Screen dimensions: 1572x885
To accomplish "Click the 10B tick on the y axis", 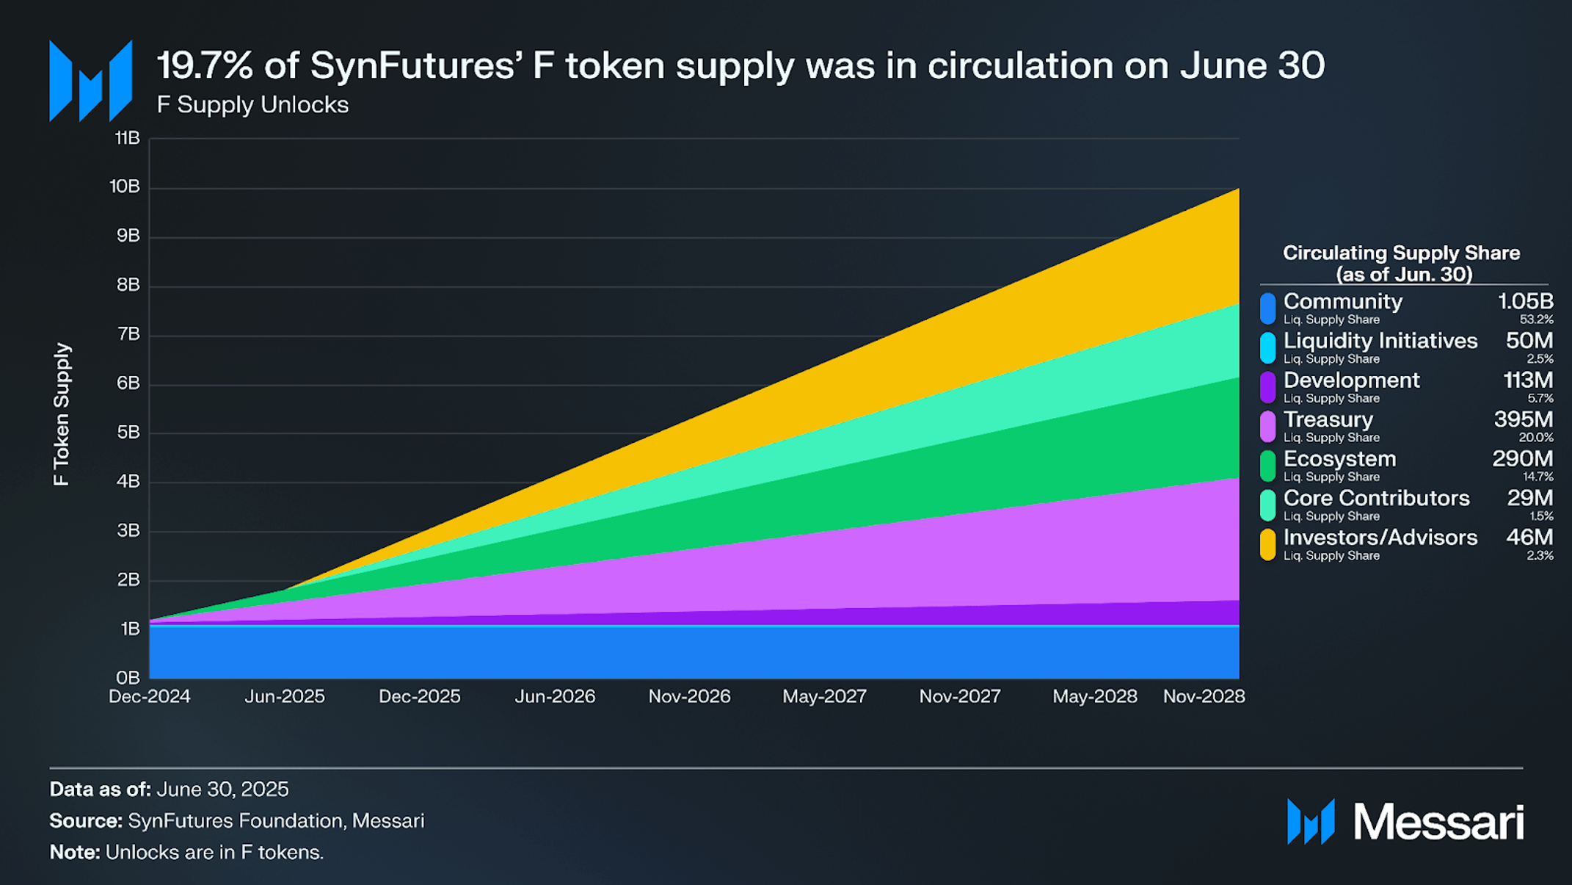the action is tap(125, 187).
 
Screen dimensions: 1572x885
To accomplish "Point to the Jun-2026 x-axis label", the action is tap(555, 696).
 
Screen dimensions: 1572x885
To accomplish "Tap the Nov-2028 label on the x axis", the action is tap(1204, 696).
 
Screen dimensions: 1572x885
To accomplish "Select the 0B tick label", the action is tap(128, 677).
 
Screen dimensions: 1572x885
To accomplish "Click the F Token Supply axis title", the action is tap(62, 414).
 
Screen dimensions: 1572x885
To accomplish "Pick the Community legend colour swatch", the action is tap(1267, 308).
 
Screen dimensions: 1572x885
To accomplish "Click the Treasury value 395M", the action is tap(1524, 419).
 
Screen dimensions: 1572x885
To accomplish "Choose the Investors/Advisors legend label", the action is tap(1380, 538).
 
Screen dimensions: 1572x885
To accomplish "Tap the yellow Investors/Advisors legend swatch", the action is tap(1267, 545).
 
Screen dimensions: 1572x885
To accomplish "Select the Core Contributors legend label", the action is tap(1376, 498).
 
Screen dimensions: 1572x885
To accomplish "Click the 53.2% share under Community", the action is tap(1536, 319).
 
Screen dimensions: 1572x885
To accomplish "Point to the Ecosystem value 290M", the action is tap(1523, 459).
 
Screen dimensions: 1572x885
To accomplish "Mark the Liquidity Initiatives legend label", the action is tap(1380, 341).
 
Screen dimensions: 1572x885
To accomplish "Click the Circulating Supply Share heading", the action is tap(1401, 264).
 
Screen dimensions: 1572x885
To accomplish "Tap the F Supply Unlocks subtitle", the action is tap(252, 105).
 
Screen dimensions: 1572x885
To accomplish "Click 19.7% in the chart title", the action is tap(205, 65).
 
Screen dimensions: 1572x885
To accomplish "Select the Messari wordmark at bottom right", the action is tap(1438, 822).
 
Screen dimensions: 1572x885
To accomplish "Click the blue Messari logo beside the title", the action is tap(91, 81).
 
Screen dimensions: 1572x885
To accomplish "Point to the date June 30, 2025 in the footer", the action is tap(222, 790).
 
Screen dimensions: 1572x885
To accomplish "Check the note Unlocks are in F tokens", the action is tap(214, 853).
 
